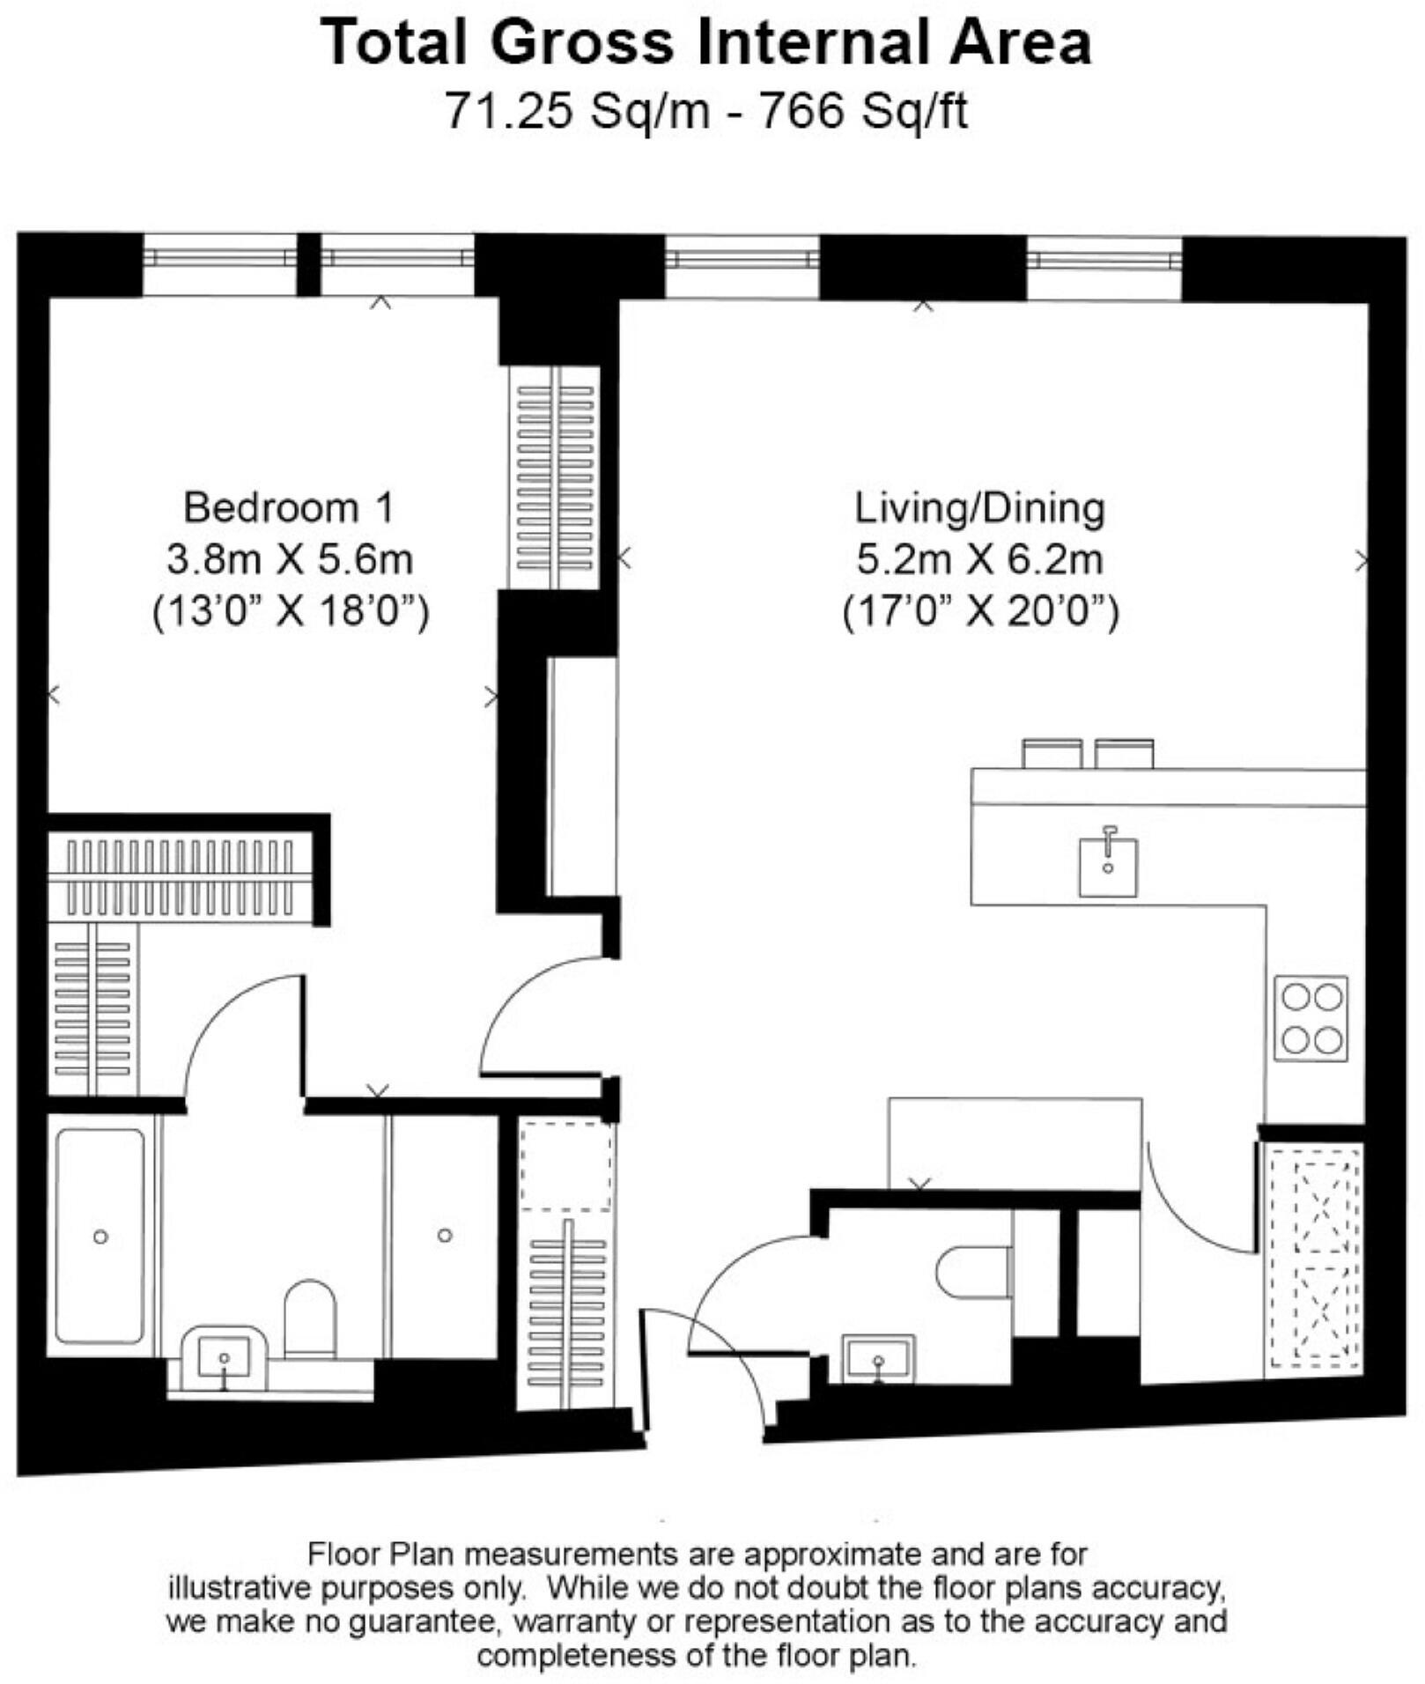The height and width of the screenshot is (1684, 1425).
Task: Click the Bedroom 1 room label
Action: pyautogui.click(x=288, y=508)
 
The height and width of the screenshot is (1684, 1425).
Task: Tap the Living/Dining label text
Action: pyautogui.click(x=979, y=508)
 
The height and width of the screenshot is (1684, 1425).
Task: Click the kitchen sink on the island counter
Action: pyautogui.click(x=1108, y=867)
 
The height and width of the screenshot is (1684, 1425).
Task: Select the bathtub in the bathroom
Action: pyautogui.click(x=100, y=1236)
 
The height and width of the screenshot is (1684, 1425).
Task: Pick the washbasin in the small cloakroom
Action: pyautogui.click(x=878, y=1358)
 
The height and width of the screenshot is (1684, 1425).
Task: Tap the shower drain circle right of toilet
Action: pyautogui.click(x=445, y=1236)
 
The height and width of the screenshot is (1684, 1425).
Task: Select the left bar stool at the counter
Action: pyautogui.click(x=1052, y=754)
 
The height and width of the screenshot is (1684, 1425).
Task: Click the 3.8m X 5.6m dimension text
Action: pyautogui.click(x=290, y=559)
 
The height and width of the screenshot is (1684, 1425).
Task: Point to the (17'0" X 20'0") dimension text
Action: pyautogui.click(x=980, y=611)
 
